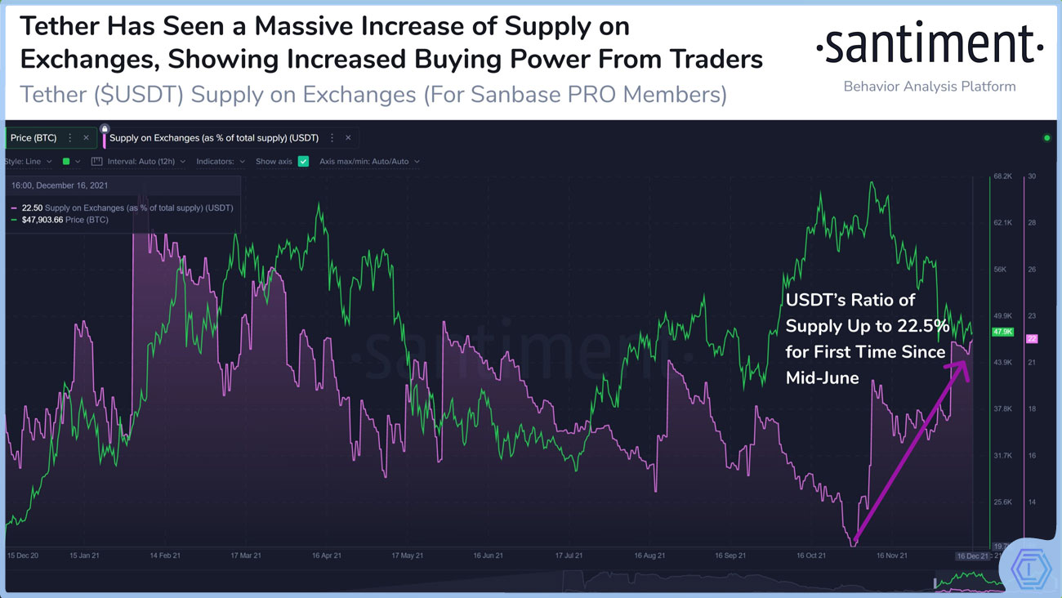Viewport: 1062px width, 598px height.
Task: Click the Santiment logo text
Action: [930, 47]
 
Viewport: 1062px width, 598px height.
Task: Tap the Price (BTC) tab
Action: [33, 138]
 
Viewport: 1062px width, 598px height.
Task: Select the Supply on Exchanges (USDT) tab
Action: [214, 138]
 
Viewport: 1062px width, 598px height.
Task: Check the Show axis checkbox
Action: [303, 162]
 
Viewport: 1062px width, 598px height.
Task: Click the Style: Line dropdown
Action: [29, 162]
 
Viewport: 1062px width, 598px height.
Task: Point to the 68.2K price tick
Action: [1002, 176]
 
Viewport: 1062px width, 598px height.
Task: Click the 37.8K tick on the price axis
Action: [1002, 408]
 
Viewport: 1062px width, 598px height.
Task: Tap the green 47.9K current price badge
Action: [1002, 332]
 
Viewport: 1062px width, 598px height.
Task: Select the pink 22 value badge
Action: [1031, 338]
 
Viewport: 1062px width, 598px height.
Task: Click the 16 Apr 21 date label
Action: [326, 556]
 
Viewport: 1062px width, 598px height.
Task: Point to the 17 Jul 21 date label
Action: [569, 556]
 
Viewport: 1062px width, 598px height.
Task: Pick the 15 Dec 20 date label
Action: [23, 556]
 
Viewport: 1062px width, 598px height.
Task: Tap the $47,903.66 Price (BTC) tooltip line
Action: [65, 221]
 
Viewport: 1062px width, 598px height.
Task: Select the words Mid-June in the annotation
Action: [822, 378]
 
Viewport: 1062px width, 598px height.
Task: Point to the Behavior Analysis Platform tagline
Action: [930, 87]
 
